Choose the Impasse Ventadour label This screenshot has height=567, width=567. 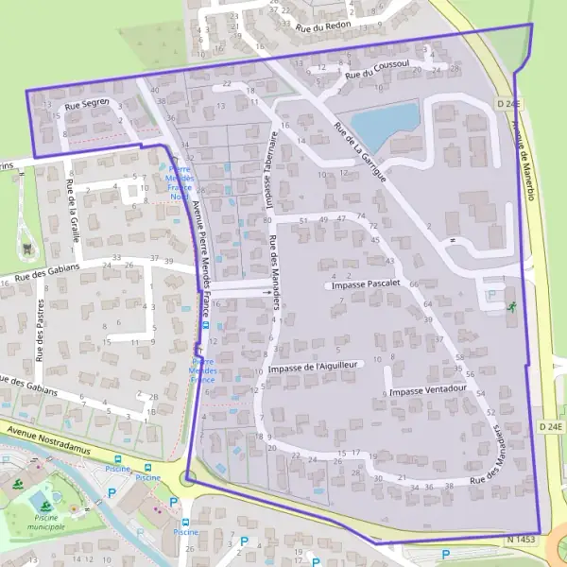point(428,389)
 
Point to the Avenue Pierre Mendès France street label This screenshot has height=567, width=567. point(199,255)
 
